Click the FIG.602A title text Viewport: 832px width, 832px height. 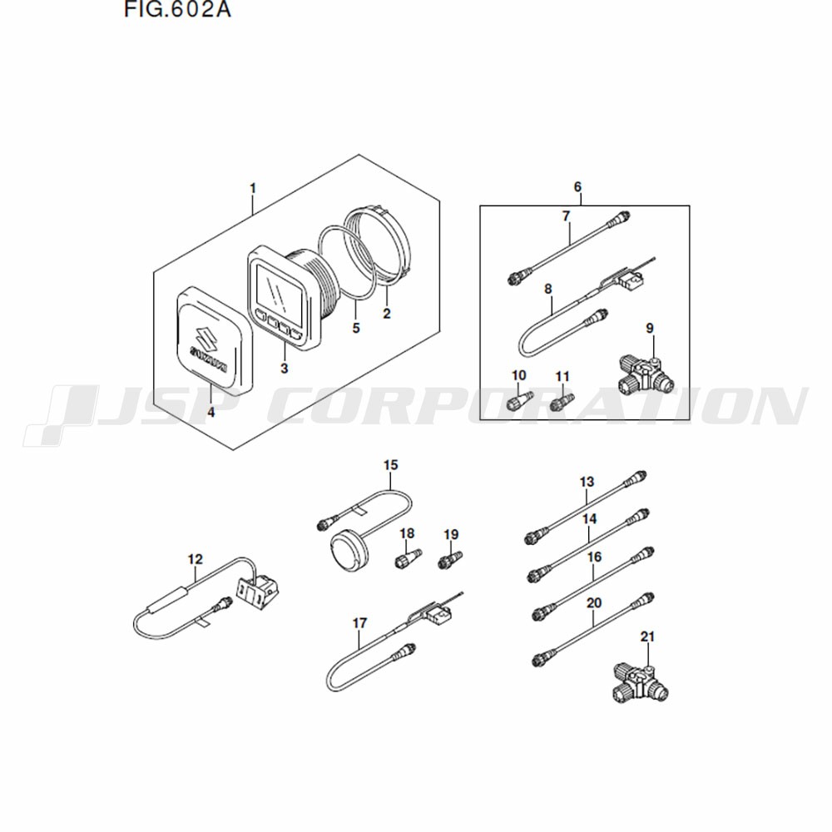(x=177, y=9)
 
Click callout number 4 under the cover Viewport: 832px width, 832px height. (x=211, y=413)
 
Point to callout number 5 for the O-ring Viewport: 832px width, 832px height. (x=356, y=328)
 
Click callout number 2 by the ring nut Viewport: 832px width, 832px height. (x=387, y=314)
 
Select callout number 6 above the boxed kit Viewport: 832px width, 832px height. (x=578, y=187)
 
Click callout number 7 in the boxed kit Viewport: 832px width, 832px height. (x=566, y=216)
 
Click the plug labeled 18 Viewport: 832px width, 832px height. (x=409, y=557)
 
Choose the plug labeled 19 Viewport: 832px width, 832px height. (x=451, y=559)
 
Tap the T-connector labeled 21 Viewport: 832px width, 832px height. (x=639, y=681)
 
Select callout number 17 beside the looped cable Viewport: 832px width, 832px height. (x=359, y=623)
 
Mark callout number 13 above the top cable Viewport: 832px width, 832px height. (x=587, y=483)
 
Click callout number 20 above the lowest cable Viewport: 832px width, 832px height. (x=594, y=603)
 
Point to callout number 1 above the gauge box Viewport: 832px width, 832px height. (x=253, y=188)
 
